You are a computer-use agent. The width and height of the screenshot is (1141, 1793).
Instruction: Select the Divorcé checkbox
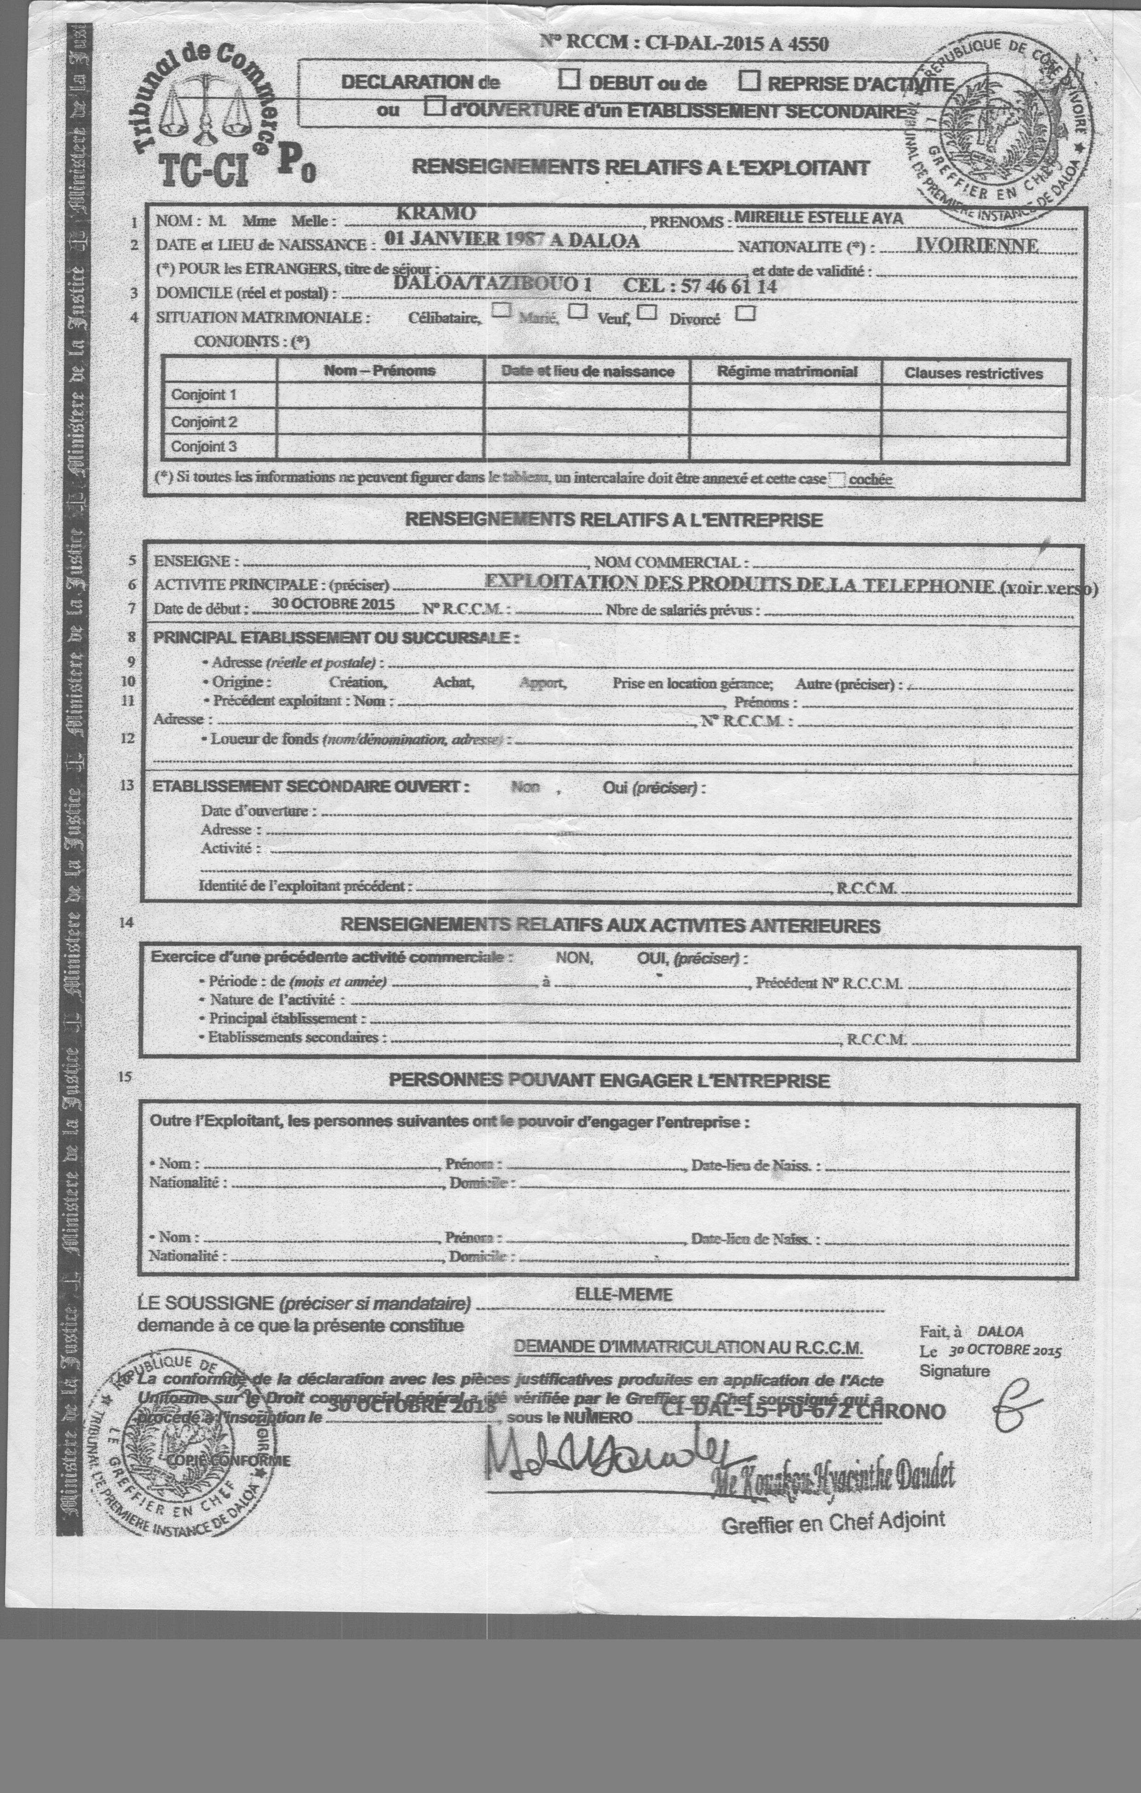(x=745, y=313)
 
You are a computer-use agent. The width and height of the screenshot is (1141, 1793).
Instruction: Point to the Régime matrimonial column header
(x=786, y=372)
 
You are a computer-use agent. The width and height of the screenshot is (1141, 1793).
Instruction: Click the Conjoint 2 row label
(x=204, y=421)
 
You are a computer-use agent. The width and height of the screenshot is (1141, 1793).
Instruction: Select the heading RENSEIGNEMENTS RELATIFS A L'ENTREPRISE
(x=614, y=520)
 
